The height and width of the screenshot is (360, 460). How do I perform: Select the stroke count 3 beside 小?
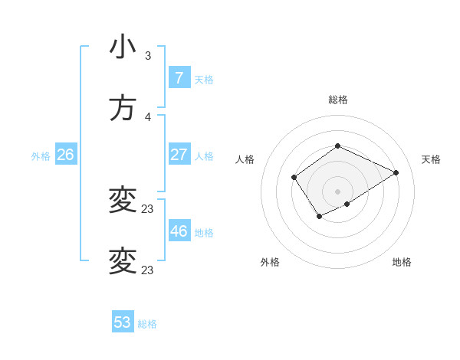148,56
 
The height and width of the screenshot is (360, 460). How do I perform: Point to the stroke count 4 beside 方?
148,117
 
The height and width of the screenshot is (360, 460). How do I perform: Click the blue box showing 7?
179,77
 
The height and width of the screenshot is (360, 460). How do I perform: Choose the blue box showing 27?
179,154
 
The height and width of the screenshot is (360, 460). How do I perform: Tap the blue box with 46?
179,231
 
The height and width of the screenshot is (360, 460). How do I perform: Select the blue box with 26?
65,155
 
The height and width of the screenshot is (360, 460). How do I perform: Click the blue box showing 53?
123,322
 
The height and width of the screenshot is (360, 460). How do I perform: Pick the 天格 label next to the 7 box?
204,79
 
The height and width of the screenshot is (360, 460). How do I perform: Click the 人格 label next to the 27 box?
204,155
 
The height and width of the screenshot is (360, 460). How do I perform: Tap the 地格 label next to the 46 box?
204,232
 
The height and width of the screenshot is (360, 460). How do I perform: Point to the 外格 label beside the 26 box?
41,156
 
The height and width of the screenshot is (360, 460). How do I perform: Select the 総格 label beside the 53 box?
147,324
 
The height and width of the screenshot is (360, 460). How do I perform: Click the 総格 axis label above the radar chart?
337,100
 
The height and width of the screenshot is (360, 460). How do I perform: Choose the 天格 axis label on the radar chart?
431,159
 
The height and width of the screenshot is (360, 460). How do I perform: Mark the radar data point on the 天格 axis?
396,172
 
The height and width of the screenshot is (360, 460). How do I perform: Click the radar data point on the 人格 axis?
294,178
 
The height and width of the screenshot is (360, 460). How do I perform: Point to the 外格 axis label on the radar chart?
270,262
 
